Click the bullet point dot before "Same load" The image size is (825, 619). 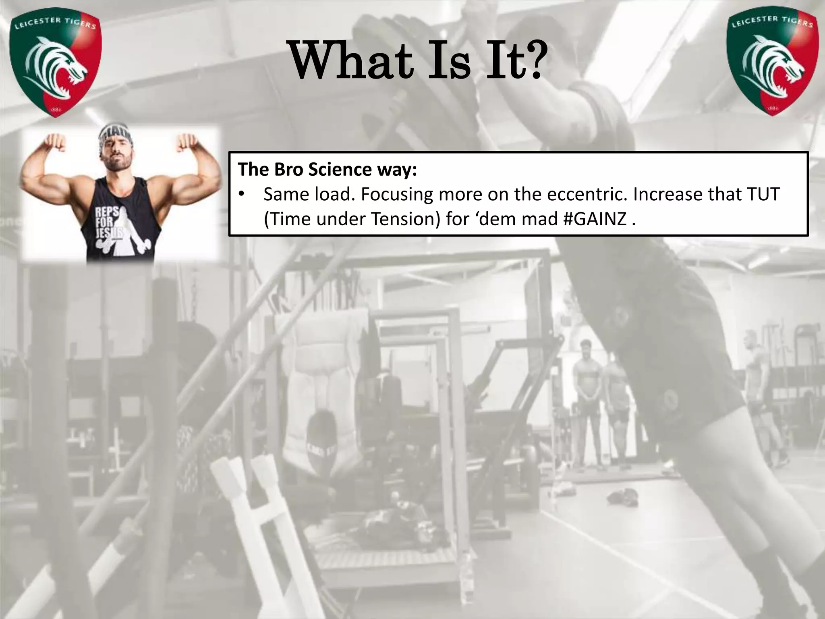pyautogui.click(x=241, y=194)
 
